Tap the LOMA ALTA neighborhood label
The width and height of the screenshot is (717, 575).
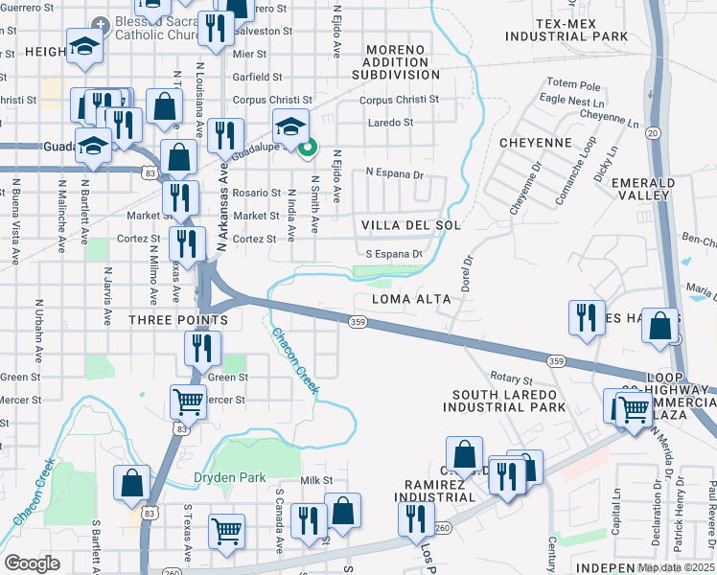(411, 300)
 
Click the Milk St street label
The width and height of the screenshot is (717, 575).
(315, 480)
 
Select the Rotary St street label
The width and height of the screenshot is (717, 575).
(511, 380)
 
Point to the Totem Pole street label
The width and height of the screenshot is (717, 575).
(572, 83)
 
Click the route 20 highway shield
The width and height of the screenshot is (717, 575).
(654, 132)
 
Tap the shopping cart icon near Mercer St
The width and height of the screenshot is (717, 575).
(187, 402)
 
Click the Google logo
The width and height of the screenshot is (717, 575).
(32, 563)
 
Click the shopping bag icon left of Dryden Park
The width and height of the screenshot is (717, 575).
(131, 483)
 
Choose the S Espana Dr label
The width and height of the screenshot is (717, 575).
(394, 254)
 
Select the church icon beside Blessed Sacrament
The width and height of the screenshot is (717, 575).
(100, 23)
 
